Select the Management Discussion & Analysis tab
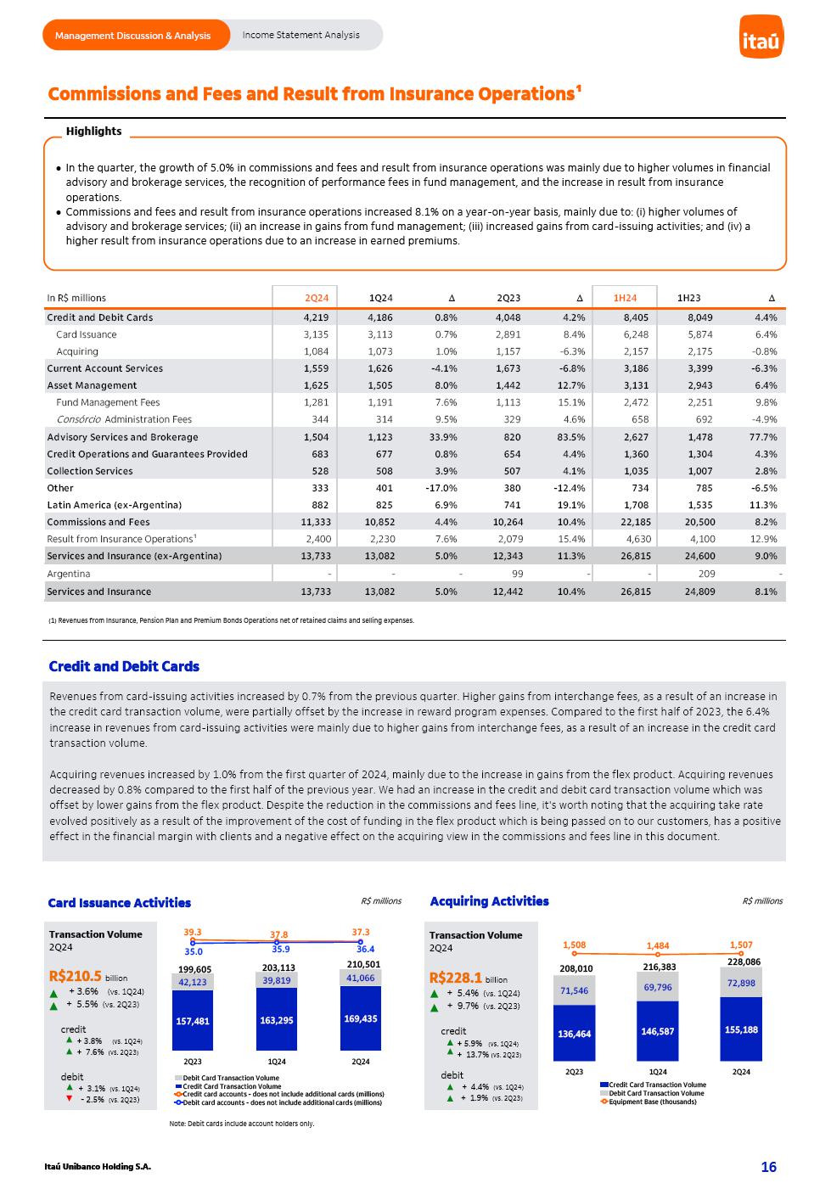click(133, 36)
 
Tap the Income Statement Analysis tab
click(300, 36)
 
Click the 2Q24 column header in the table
click(317, 298)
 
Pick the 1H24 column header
click(625, 298)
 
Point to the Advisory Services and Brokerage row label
click(122, 437)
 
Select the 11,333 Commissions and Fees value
click(315, 522)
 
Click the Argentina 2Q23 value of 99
click(517, 575)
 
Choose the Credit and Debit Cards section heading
click(124, 666)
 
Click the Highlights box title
click(93, 132)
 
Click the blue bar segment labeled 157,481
click(193, 1021)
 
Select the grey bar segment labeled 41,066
click(360, 978)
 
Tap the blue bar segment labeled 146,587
click(658, 1031)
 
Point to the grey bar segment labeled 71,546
click(575, 990)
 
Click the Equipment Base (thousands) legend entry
click(652, 1102)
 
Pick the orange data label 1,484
click(657, 945)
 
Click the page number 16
click(768, 1167)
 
